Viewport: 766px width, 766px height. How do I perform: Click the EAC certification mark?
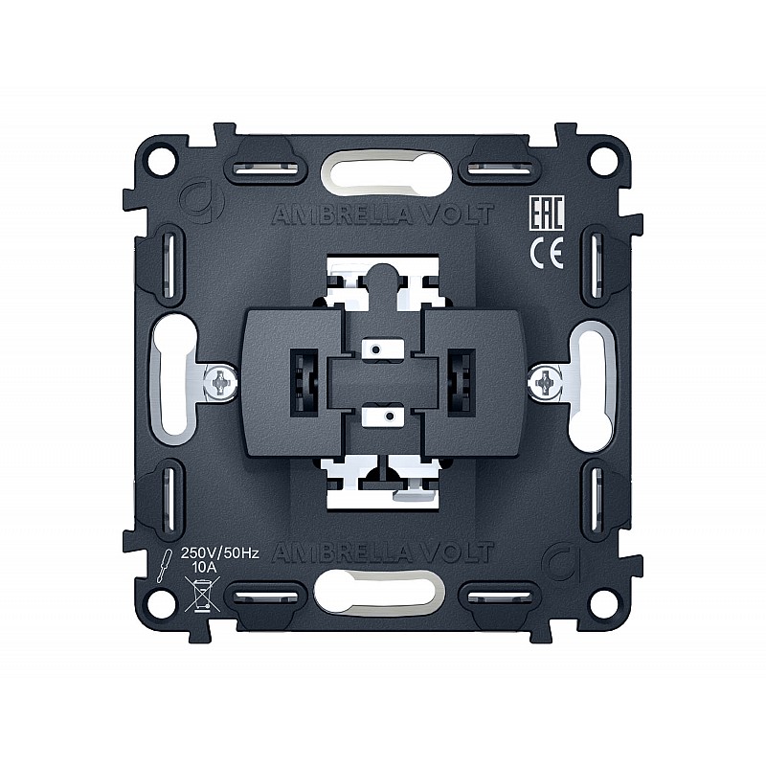(x=547, y=213)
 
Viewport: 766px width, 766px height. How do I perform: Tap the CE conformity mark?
(x=547, y=252)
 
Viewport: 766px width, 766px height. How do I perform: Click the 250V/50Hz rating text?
(x=220, y=553)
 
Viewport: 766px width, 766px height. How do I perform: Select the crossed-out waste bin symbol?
(x=202, y=594)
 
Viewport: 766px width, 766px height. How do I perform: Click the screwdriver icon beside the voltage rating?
(x=165, y=565)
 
